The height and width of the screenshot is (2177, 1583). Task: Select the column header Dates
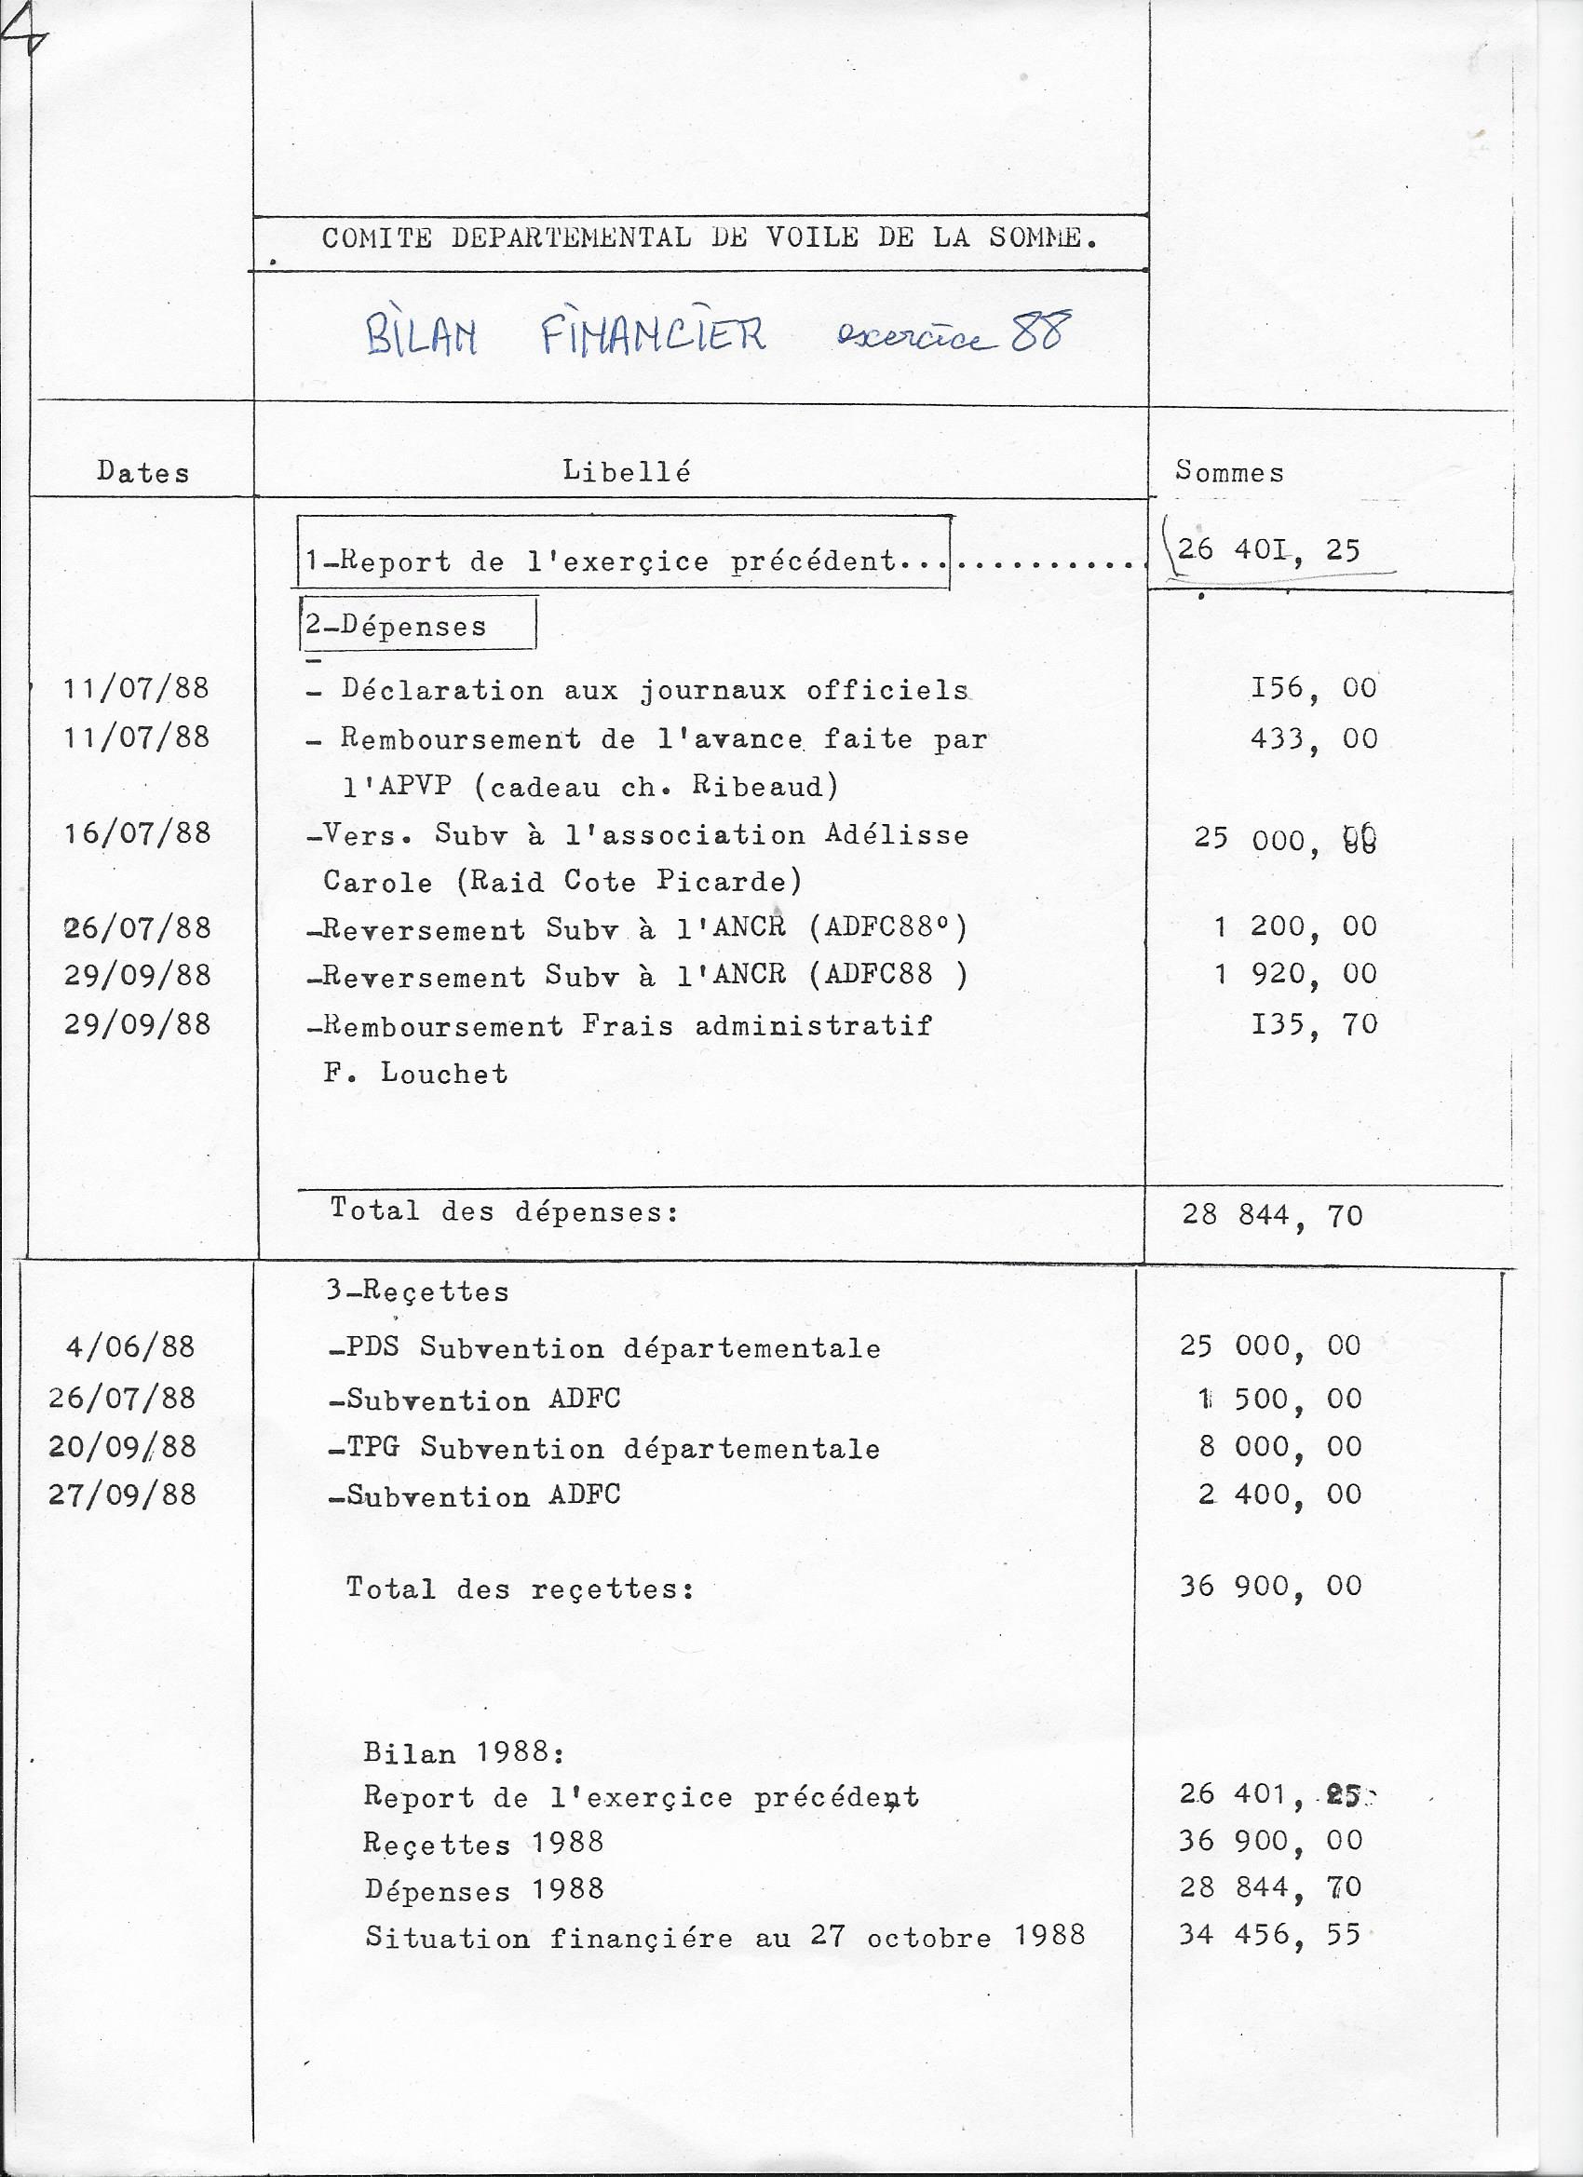[143, 472]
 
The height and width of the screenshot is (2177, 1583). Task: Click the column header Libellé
[626, 470]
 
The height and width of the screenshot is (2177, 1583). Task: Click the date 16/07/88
[137, 832]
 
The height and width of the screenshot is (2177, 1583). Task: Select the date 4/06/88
[129, 1346]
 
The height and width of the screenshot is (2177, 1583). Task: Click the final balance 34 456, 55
[1269, 1934]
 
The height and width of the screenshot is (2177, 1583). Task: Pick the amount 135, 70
[1313, 1024]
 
